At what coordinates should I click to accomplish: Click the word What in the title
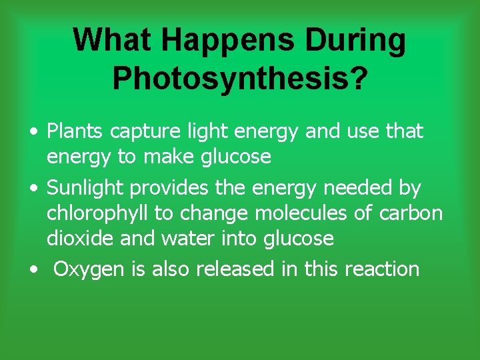click(111, 40)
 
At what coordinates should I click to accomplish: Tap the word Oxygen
click(89, 269)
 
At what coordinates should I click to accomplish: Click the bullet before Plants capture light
click(33, 132)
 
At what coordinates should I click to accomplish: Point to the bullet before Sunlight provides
click(33, 189)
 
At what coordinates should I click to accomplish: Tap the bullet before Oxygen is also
click(33, 269)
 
